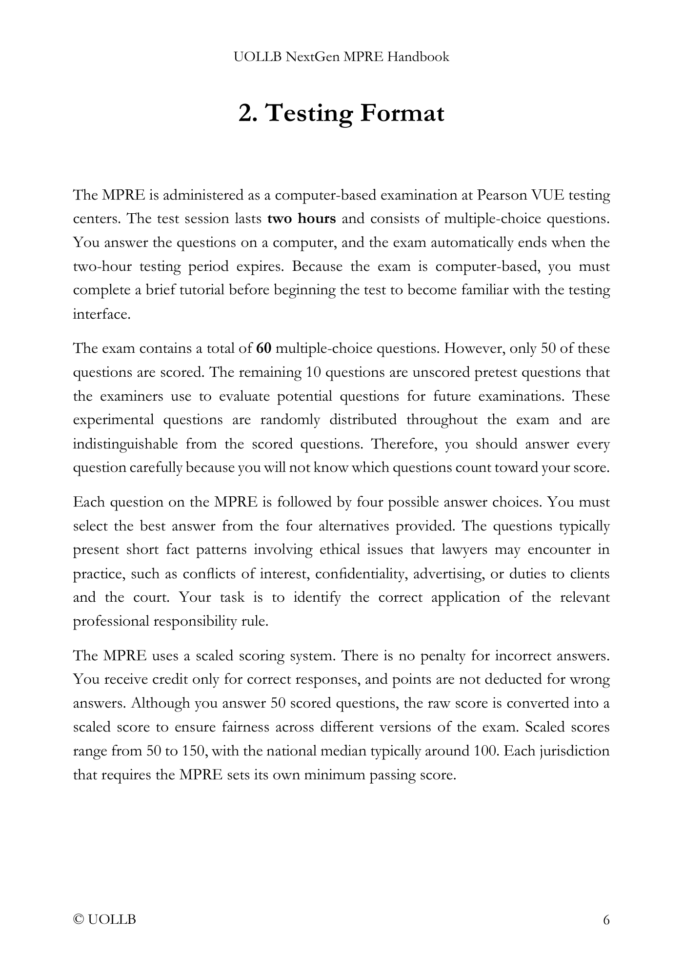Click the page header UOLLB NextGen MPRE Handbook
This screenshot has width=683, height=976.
pyautogui.click(x=341, y=57)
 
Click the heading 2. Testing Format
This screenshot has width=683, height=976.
pyautogui.click(x=341, y=113)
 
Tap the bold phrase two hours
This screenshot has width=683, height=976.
pyautogui.click(x=301, y=219)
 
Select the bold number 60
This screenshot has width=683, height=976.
pyautogui.click(x=263, y=348)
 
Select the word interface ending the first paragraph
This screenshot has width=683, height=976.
pyautogui.click(x=101, y=314)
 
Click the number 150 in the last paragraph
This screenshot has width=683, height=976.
pyautogui.click(x=194, y=751)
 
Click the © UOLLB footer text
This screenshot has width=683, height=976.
pyautogui.click(x=104, y=920)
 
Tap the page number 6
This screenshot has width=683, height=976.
pyautogui.click(x=606, y=920)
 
